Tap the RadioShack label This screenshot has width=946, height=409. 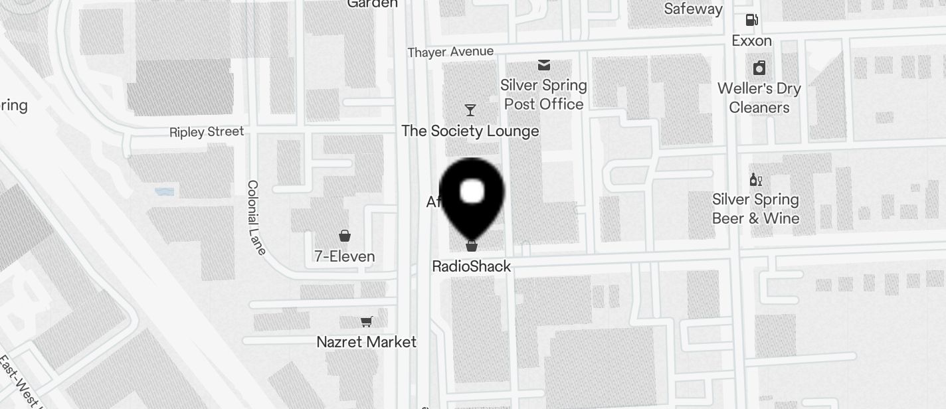click(x=472, y=266)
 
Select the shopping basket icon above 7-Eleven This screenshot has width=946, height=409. click(x=345, y=235)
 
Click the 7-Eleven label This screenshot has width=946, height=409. click(x=345, y=256)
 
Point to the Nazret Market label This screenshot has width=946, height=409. click(x=367, y=342)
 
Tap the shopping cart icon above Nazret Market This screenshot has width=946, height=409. click(x=366, y=321)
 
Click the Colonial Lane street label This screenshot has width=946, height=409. click(x=256, y=217)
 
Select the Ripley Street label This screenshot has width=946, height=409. click(x=207, y=131)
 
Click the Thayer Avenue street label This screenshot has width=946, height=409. click(x=450, y=52)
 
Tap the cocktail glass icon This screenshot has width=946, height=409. click(x=470, y=110)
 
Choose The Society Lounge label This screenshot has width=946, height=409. click(x=470, y=131)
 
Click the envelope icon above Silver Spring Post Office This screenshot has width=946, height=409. click(x=544, y=64)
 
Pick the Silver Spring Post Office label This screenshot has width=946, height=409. click(x=544, y=94)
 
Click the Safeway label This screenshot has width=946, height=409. click(x=694, y=9)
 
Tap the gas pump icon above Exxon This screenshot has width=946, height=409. click(x=752, y=20)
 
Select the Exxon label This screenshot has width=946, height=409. click(x=752, y=41)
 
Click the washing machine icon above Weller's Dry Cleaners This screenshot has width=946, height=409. click(x=759, y=68)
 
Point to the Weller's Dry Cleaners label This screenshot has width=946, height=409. click(x=759, y=98)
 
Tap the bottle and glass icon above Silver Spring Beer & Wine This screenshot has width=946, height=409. click(x=756, y=179)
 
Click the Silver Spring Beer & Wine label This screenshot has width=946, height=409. click(x=756, y=208)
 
